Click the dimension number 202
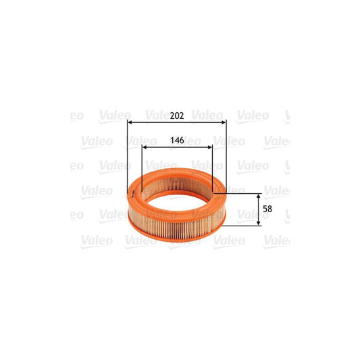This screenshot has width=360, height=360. pos(177,115)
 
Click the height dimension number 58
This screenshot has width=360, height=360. pos(267,209)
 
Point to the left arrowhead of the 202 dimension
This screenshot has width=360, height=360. pos(130,122)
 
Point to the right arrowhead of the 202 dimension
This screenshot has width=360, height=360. pos(224,122)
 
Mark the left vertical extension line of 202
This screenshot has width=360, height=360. pos(128,155)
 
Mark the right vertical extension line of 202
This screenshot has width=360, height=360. pos(226,155)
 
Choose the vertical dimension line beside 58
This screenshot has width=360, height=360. pos(259,209)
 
